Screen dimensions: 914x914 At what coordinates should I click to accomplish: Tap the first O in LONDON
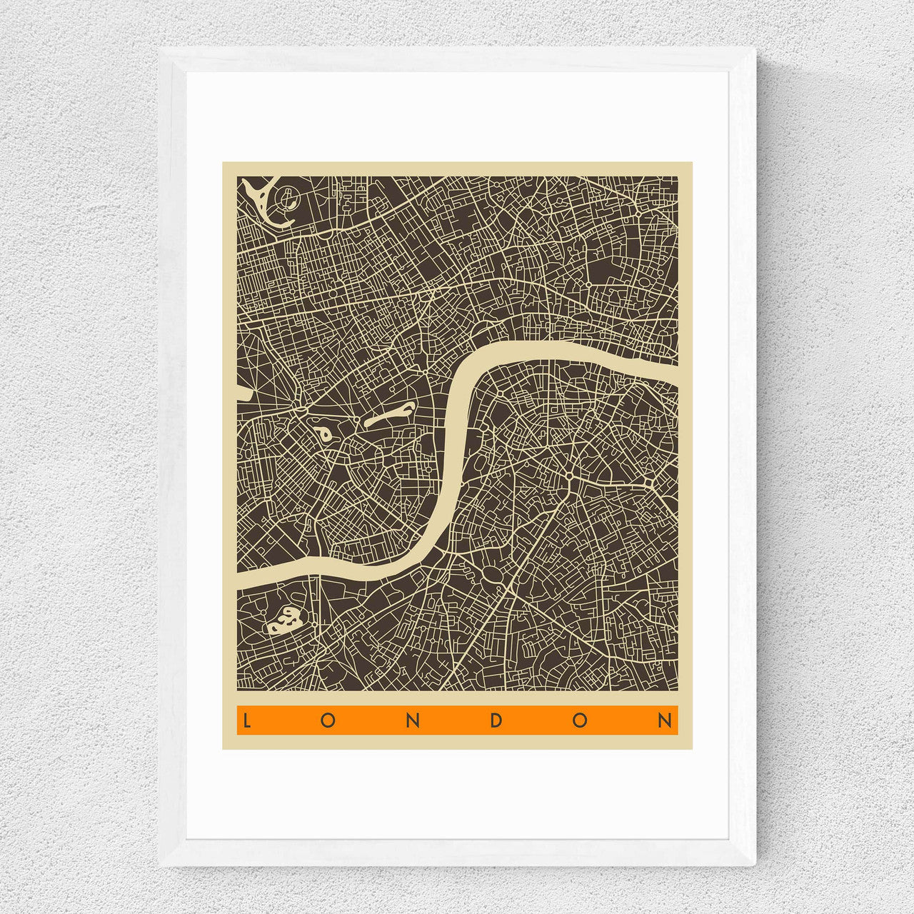(328, 720)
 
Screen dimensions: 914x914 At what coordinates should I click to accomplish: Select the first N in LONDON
(412, 720)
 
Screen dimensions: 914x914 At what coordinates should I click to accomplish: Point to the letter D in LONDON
(496, 720)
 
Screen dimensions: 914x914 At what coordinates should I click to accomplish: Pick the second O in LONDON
(580, 720)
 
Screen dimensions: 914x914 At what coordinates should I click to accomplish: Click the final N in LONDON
(664, 720)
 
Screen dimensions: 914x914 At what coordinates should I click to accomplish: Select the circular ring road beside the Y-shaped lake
(289, 196)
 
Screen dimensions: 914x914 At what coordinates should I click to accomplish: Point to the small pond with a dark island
(322, 432)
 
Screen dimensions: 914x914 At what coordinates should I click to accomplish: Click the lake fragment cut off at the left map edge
(242, 392)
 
